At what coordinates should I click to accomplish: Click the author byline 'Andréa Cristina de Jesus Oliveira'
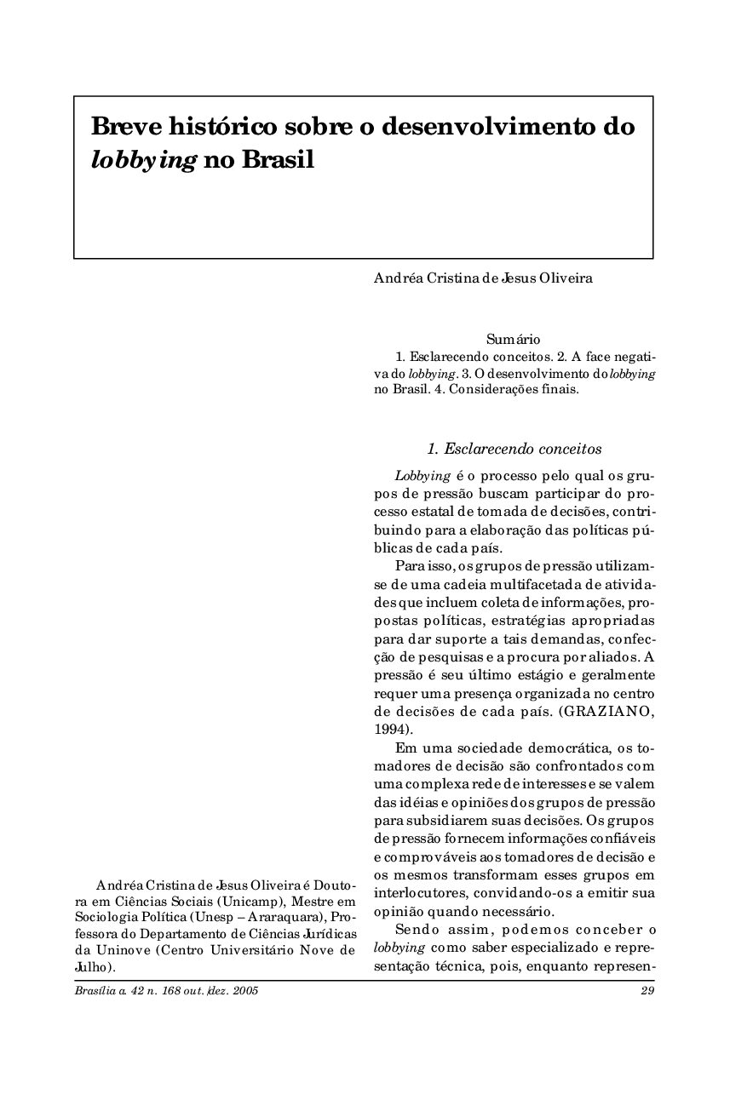[x=483, y=278]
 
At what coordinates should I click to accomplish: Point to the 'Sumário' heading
[x=514, y=340]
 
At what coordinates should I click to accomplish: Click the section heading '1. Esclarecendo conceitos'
[x=514, y=449]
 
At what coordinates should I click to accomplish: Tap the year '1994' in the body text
[x=390, y=729]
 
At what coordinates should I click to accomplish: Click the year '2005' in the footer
[x=244, y=991]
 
